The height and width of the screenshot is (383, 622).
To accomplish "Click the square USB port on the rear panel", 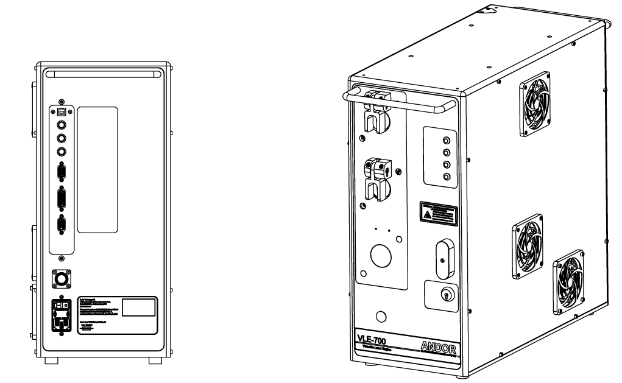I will [x=62, y=113].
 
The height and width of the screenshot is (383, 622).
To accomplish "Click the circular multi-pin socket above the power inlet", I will [x=62, y=278].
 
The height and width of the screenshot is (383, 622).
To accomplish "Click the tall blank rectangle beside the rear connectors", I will [x=97, y=170].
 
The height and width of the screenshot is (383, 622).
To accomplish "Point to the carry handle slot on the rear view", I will [x=102, y=73].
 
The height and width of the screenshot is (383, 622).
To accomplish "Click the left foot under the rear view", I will [x=52, y=360].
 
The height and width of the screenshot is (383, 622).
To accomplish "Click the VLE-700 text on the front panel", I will [x=373, y=339].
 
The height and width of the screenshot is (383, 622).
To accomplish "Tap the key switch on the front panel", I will [x=445, y=295].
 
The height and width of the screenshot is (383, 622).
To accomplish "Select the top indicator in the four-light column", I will [x=446, y=140].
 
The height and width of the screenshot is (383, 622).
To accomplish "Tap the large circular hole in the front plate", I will [x=382, y=255].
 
